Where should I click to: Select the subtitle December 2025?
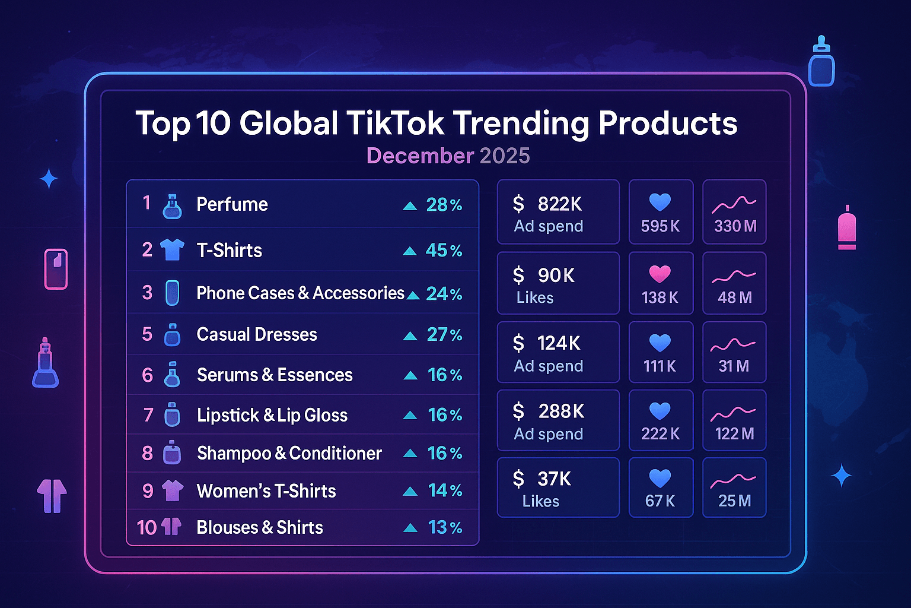[x=448, y=156]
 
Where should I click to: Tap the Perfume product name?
[x=232, y=204]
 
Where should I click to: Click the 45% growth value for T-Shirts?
[x=444, y=251]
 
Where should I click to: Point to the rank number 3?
[x=147, y=293]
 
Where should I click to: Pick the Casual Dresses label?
[x=257, y=335]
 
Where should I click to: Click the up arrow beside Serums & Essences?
[x=410, y=375]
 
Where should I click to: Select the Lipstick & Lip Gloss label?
[x=272, y=415]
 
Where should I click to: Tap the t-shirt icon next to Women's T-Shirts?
[x=172, y=490]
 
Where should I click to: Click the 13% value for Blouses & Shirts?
[x=445, y=527]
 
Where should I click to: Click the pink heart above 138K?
[x=660, y=274]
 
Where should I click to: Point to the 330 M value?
[x=735, y=226]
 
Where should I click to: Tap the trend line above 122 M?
[x=734, y=413]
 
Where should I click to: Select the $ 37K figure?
[x=542, y=479]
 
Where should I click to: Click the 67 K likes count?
[x=660, y=501]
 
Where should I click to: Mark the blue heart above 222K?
[x=660, y=411]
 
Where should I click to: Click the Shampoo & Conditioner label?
[x=289, y=454]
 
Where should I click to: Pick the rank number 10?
[x=146, y=527]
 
